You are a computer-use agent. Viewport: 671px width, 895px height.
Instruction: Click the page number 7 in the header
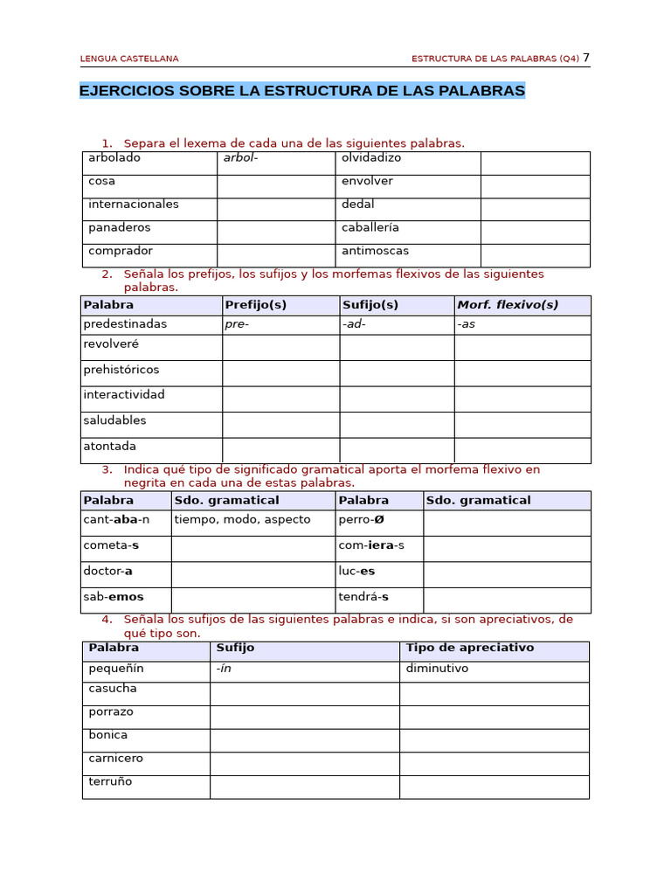pos(586,58)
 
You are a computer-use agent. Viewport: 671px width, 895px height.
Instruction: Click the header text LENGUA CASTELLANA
pos(129,59)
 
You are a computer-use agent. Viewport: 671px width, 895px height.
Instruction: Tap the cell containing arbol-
pos(241,158)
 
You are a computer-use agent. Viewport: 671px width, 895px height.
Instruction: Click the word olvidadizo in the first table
pos(371,158)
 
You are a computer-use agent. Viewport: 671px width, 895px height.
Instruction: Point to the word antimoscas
pos(375,251)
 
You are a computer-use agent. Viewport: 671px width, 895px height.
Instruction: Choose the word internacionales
pos(134,205)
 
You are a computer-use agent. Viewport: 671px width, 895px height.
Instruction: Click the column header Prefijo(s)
pos(255,305)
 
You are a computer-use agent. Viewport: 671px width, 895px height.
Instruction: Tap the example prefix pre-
pos(237,324)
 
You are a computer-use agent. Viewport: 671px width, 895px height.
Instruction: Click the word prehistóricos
pos(121,370)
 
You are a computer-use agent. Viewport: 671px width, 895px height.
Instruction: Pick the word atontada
pos(109,446)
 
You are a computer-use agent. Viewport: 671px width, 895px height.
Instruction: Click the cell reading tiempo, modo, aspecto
pos(242,519)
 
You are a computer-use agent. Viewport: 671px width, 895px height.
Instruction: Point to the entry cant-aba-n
pos(116,519)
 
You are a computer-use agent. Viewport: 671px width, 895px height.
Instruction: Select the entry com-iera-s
pos(371,545)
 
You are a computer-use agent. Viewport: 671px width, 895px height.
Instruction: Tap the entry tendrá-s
pos(363,597)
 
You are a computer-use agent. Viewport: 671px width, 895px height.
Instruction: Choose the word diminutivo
pos(437,669)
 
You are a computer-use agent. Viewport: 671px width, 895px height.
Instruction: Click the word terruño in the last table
pos(110,781)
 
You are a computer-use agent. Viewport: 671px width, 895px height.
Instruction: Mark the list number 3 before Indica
pos(106,469)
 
